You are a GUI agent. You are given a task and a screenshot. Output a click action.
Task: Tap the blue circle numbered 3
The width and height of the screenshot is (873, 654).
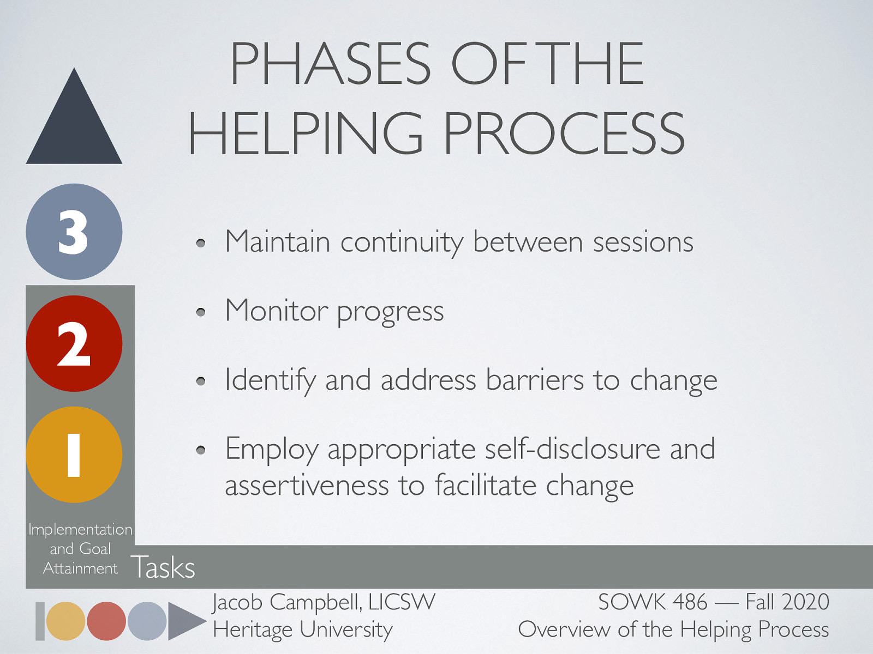74,232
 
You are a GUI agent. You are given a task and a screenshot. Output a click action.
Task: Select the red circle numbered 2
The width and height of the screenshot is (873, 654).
74,343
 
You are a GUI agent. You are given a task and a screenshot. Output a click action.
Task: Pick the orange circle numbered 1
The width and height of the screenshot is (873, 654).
74,455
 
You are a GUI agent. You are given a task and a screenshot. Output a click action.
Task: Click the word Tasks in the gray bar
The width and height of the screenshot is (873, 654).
163,567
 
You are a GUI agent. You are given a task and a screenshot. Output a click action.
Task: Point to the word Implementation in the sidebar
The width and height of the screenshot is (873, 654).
80,529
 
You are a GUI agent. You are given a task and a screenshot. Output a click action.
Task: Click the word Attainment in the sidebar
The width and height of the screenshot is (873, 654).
80,568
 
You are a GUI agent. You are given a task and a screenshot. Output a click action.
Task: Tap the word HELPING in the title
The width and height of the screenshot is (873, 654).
306,133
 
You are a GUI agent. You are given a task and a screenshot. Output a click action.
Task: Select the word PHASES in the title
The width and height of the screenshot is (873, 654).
331,64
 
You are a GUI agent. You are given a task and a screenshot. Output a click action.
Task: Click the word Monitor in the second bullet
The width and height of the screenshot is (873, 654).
276,311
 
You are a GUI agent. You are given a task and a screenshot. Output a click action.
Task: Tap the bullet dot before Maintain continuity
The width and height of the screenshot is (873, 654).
201,243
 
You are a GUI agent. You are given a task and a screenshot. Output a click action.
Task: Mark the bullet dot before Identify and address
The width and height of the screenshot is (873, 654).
201,381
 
